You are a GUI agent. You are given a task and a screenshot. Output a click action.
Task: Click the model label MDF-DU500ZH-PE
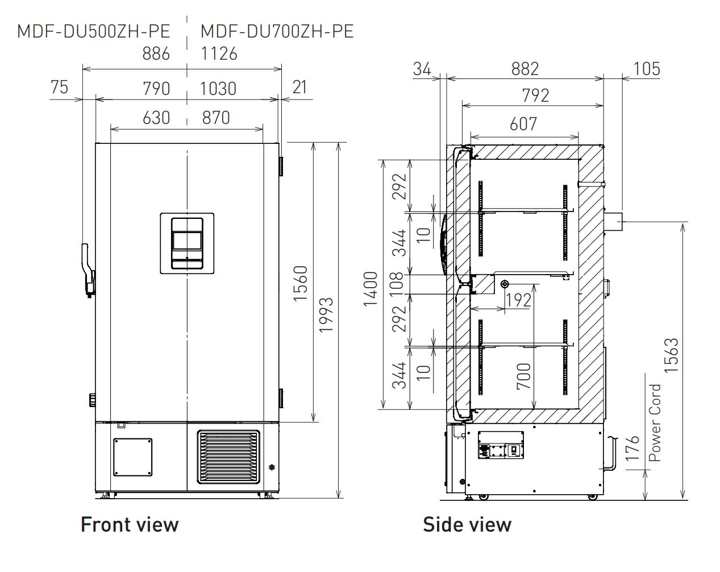[93, 31]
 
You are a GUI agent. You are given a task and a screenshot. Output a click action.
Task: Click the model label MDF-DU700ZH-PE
[277, 31]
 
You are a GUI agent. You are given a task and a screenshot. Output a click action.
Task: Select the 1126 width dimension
[219, 53]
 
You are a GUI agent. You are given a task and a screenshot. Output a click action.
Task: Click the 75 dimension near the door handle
[59, 87]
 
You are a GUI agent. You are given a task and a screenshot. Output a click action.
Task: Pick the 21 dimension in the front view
[299, 87]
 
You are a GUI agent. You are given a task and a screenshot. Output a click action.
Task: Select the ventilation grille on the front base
[228, 457]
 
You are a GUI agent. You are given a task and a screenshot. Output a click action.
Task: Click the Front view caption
[130, 524]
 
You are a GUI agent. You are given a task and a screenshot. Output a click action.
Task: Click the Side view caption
[467, 524]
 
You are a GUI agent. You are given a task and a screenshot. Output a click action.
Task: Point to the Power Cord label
[655, 422]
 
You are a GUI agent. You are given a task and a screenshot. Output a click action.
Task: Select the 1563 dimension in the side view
[671, 355]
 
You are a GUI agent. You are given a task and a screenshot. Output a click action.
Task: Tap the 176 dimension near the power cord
[631, 449]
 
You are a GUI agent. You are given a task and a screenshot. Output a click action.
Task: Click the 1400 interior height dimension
[371, 288]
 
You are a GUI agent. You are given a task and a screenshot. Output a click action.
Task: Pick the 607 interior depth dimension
[523, 123]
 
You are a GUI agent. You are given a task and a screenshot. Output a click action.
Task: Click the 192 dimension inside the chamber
[518, 300]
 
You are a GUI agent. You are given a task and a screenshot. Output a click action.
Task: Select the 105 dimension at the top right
[647, 69]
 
